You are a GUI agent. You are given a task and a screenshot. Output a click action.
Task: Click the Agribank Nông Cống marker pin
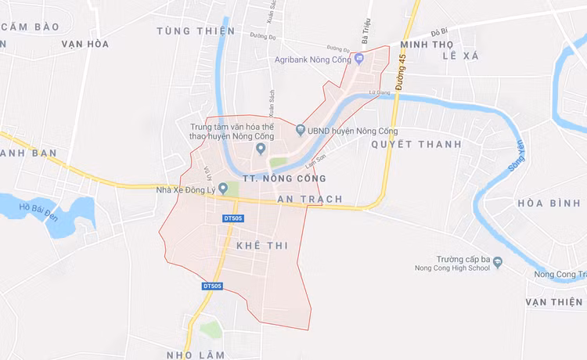tap(359, 59)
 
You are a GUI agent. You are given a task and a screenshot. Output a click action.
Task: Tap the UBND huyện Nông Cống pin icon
tap(300, 130)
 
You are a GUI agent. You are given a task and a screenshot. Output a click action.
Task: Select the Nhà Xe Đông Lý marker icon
tap(223, 188)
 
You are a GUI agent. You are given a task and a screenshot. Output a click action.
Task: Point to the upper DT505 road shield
tap(233, 218)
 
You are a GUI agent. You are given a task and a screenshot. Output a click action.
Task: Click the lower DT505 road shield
tap(212, 286)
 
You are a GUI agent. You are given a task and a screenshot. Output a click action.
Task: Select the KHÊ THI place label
tap(262, 246)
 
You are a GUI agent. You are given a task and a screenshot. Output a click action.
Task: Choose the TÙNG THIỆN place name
tap(195, 31)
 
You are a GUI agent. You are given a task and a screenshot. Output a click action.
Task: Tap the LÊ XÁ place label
tap(459, 56)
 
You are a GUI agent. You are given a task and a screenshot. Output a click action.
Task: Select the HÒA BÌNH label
tap(548, 203)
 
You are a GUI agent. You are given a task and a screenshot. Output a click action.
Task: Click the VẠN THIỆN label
tap(554, 302)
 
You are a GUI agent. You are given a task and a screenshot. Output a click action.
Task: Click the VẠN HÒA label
tap(85, 44)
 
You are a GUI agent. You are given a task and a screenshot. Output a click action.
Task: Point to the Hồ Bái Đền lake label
tap(41, 211)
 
